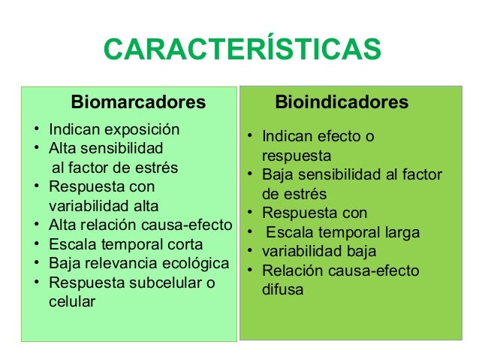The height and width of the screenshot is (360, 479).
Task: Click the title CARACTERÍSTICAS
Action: tap(242, 51)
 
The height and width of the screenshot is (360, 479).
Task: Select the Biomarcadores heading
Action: tap(137, 101)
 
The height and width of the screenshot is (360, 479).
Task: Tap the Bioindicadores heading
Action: tap(342, 101)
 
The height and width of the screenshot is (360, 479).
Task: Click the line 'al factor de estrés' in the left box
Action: tap(113, 166)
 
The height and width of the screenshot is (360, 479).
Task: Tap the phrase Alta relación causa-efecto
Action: tap(140, 225)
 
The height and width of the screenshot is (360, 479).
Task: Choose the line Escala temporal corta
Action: tap(125, 244)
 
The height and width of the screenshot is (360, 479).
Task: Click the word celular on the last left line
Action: tap(72, 303)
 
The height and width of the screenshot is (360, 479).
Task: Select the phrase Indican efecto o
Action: tap(318, 137)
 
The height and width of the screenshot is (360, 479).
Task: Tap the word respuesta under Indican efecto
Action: tap(297, 156)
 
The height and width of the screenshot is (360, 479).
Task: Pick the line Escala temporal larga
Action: tap(341, 232)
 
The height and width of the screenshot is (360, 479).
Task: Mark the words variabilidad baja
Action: tap(319, 251)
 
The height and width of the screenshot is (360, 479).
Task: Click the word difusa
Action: tap(283, 289)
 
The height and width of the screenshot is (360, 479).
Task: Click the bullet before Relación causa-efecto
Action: tap(249, 271)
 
